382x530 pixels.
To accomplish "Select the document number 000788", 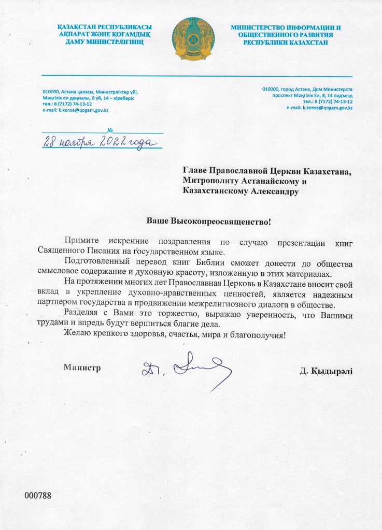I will click(x=38, y=496).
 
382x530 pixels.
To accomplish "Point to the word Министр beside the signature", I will click(x=82, y=368).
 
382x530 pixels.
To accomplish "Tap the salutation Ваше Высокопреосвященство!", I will click(x=209, y=222).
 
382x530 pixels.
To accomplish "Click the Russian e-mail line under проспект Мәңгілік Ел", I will click(x=319, y=108).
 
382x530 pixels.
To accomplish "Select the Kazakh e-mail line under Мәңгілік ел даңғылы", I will click(x=75, y=110).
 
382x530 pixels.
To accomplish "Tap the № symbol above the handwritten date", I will click(x=110, y=130).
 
